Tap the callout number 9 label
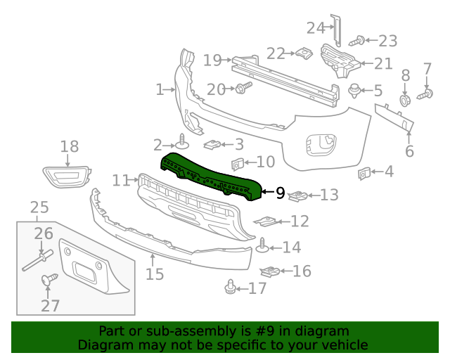coord(280,191)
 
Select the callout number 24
coord(315,28)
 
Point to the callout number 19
coord(212,60)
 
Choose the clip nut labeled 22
coord(304,53)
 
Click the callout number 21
coord(383,64)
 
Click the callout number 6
coord(409,150)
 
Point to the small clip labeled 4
coord(364,172)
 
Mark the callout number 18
coord(69,146)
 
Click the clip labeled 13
coord(300,195)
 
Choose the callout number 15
coord(155,274)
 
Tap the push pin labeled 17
coord(230,288)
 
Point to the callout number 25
coord(39,207)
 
